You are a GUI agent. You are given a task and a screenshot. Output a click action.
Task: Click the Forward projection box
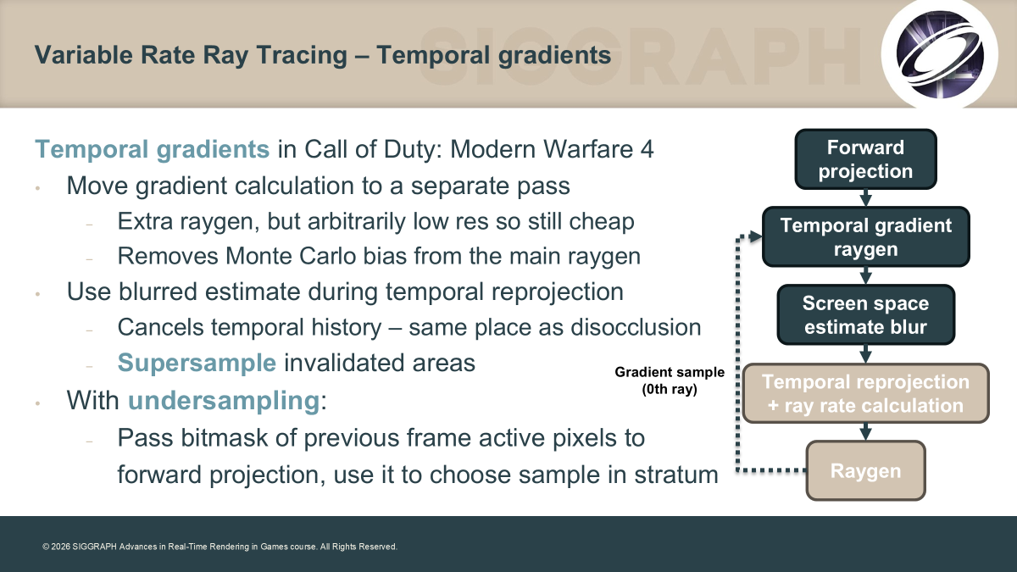[866, 159]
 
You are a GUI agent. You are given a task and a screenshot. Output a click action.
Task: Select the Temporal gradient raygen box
[866, 236]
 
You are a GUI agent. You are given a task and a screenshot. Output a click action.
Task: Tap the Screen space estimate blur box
[866, 314]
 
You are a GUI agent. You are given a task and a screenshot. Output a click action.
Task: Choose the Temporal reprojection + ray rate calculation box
[866, 393]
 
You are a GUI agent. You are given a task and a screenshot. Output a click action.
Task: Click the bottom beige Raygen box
[866, 471]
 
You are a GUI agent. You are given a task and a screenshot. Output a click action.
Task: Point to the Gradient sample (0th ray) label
[670, 380]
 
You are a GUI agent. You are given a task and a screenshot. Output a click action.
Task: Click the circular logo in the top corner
[939, 54]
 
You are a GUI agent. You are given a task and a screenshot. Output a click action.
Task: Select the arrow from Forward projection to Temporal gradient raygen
[866, 198]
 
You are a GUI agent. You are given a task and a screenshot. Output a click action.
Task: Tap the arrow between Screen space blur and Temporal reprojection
[866, 354]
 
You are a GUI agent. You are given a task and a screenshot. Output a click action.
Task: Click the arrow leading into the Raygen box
[866, 432]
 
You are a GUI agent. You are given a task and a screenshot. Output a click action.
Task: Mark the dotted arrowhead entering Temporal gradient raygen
[756, 236]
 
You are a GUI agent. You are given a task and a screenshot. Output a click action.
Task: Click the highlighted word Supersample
[197, 363]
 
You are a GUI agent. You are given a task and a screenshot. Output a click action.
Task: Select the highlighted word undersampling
[225, 400]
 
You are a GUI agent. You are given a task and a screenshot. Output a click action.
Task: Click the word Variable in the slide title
[84, 55]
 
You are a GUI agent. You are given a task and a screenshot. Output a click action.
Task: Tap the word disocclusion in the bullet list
[636, 327]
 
